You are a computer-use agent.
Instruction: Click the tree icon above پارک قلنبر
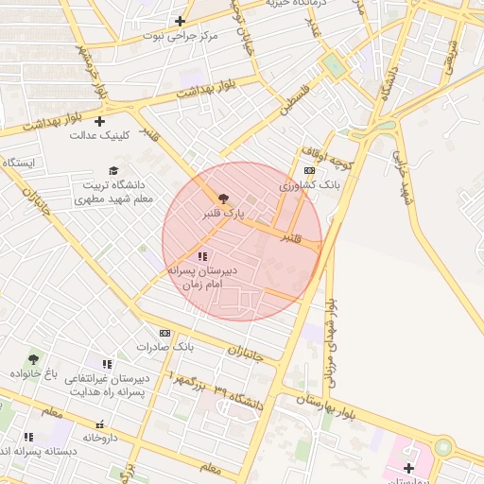[223, 199]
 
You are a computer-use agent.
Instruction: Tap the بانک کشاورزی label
[309, 186]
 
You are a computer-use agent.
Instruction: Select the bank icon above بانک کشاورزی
[309, 171]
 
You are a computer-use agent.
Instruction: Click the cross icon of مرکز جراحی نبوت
[180, 21]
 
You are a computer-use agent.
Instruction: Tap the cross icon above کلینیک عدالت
[100, 120]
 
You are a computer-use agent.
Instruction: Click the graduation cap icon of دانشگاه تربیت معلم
[113, 171]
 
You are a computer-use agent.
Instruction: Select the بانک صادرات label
[164, 347]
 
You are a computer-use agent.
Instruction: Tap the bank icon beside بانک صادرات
[164, 333]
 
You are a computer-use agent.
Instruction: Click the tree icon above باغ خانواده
[34, 359]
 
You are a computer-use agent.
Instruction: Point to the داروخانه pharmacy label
[99, 438]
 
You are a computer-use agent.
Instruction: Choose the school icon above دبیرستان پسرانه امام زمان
[201, 256]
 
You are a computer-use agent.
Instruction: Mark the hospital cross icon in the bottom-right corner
[408, 468]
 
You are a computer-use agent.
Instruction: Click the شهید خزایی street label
[404, 180]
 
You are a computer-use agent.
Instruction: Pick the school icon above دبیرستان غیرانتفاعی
[107, 364]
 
